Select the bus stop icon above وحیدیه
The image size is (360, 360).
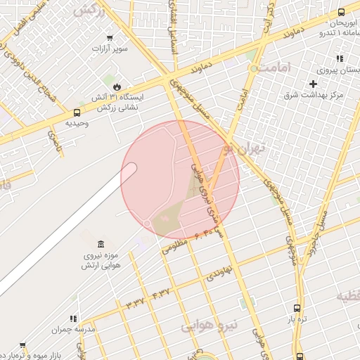[77, 112]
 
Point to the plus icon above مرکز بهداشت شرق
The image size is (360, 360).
[313, 84]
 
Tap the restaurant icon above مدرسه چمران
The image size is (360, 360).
[73, 318]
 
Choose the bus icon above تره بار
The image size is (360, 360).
[297, 308]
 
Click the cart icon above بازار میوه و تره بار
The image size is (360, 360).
[22, 345]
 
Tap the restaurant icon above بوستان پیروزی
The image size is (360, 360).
[340, 59]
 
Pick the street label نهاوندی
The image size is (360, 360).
[218, 274]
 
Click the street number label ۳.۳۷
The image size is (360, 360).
[134, 302]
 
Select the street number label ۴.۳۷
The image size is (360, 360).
[160, 290]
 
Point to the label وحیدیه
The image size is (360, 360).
[77, 123]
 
